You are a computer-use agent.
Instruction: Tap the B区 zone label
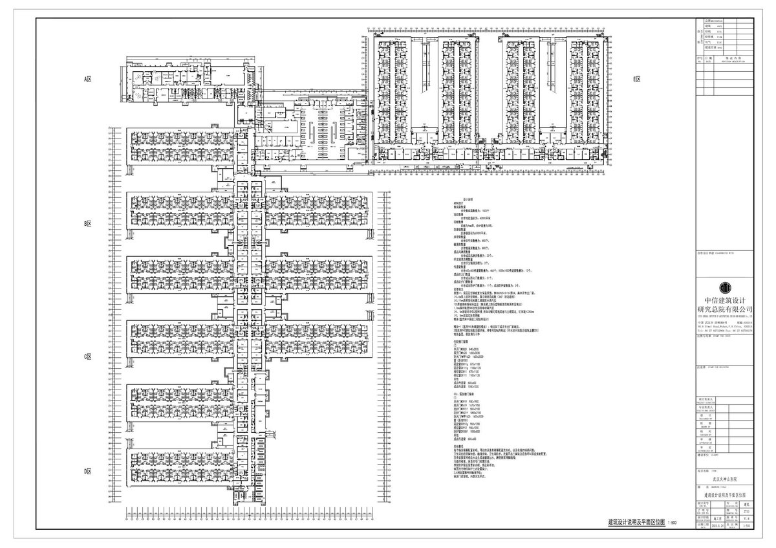[x=90, y=223]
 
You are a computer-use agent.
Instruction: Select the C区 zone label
[x=90, y=356]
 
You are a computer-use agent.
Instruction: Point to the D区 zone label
[x=90, y=472]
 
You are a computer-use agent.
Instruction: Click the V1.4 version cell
[x=748, y=518]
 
